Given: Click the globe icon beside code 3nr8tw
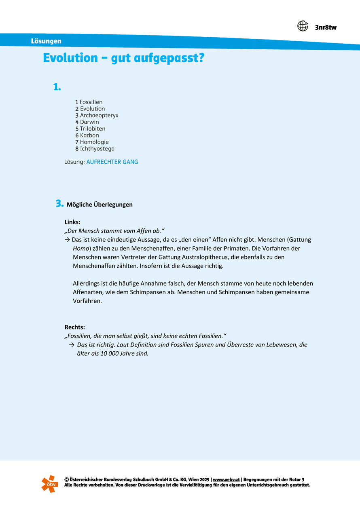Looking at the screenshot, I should click(x=303, y=26).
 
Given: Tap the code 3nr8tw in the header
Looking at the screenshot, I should click(x=326, y=27).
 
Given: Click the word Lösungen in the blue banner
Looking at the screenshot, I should click(x=46, y=41).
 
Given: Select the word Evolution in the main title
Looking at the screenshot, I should click(x=71, y=58).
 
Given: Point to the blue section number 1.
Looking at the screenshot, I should click(x=57, y=87).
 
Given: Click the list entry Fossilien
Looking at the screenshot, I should click(x=91, y=102).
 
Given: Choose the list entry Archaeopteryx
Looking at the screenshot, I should click(x=99, y=115).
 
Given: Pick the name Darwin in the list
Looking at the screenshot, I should click(x=89, y=122).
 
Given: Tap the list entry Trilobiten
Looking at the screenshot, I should click(x=93, y=129).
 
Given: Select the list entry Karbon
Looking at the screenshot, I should click(x=89, y=135).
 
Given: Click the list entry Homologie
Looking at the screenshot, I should click(x=94, y=142).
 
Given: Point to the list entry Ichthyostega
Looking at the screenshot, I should click(x=97, y=149).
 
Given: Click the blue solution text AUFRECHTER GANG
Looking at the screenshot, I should click(x=112, y=162).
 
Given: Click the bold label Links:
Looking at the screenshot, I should click(x=72, y=222).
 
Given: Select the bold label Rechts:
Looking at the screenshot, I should click(x=75, y=327).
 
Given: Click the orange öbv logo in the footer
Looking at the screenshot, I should click(x=50, y=484).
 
